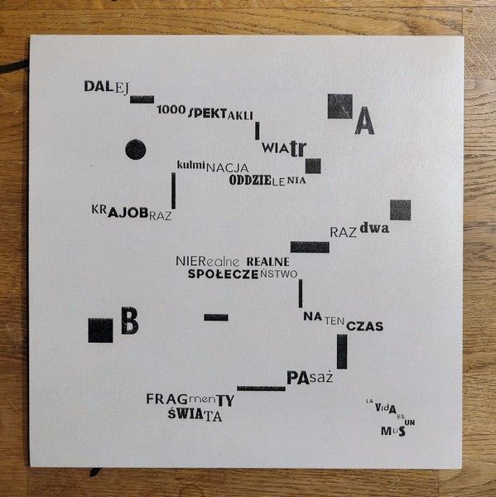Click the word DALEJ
[107, 87]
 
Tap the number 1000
[171, 109]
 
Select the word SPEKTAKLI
[221, 113]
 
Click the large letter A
[364, 121]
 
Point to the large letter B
[130, 321]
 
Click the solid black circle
[136, 149]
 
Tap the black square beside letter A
[340, 106]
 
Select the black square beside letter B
[100, 331]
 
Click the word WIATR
[284, 148]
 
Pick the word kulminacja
[213, 166]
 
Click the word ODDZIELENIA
[267, 181]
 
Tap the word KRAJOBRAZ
[132, 213]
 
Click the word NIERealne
[208, 262]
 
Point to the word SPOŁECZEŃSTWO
[243, 274]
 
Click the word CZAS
[365, 326]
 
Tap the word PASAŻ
[310, 378]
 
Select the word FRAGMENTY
[190, 400]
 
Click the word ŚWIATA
[195, 415]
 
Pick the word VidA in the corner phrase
[386, 408]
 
